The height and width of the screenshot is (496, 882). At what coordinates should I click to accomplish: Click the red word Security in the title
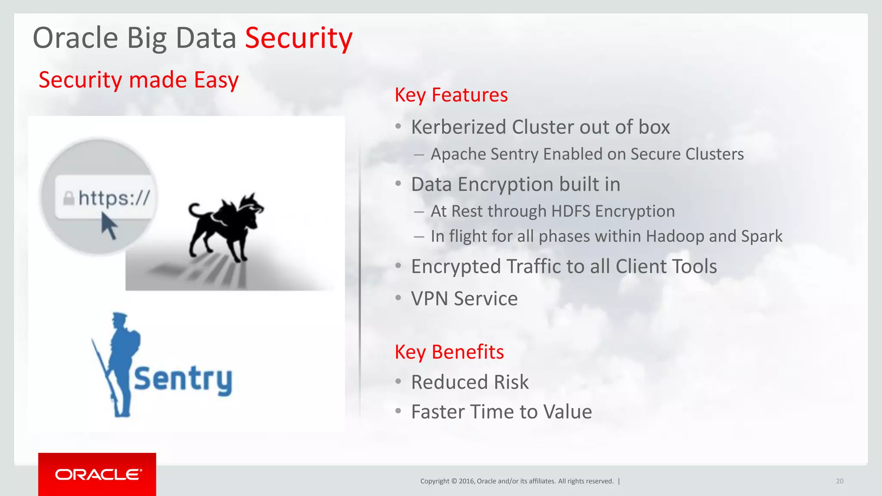point(298,38)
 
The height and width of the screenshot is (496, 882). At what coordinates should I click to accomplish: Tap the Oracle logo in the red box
point(98,474)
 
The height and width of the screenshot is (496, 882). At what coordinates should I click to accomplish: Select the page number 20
point(839,481)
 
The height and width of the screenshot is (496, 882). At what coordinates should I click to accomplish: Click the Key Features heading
point(451,95)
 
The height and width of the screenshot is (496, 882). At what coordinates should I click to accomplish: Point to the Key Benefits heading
point(449,352)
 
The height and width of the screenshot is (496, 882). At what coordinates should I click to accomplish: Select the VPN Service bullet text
point(464,298)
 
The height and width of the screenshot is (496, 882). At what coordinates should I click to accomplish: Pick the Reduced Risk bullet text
point(469,382)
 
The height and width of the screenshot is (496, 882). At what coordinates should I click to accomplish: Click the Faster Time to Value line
point(501,412)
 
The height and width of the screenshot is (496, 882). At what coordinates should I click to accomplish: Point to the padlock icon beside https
point(68,198)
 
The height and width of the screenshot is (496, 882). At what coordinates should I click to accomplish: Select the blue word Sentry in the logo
point(183,380)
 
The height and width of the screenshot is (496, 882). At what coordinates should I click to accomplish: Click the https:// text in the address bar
point(114,198)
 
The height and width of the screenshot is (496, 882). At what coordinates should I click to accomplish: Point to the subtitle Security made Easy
point(138,80)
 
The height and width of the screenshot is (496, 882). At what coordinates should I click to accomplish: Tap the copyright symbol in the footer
point(453,481)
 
